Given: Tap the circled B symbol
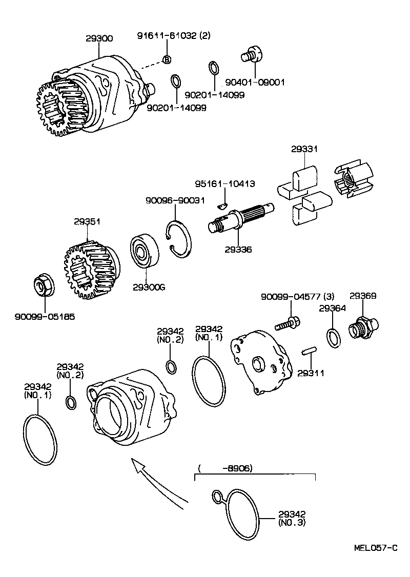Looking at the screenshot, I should (x=167, y=60).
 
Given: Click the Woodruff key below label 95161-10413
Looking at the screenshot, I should (x=221, y=205).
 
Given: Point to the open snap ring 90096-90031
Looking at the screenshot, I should (x=179, y=238).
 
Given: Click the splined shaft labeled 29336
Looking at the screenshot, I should (x=241, y=218).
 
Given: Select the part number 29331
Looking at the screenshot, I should (x=304, y=149).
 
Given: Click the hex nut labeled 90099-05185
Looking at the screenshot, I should (x=43, y=285).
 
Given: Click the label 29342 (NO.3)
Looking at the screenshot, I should (x=293, y=518).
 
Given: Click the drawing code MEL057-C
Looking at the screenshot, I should (x=376, y=547).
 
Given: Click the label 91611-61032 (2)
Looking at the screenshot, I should (x=174, y=35).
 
